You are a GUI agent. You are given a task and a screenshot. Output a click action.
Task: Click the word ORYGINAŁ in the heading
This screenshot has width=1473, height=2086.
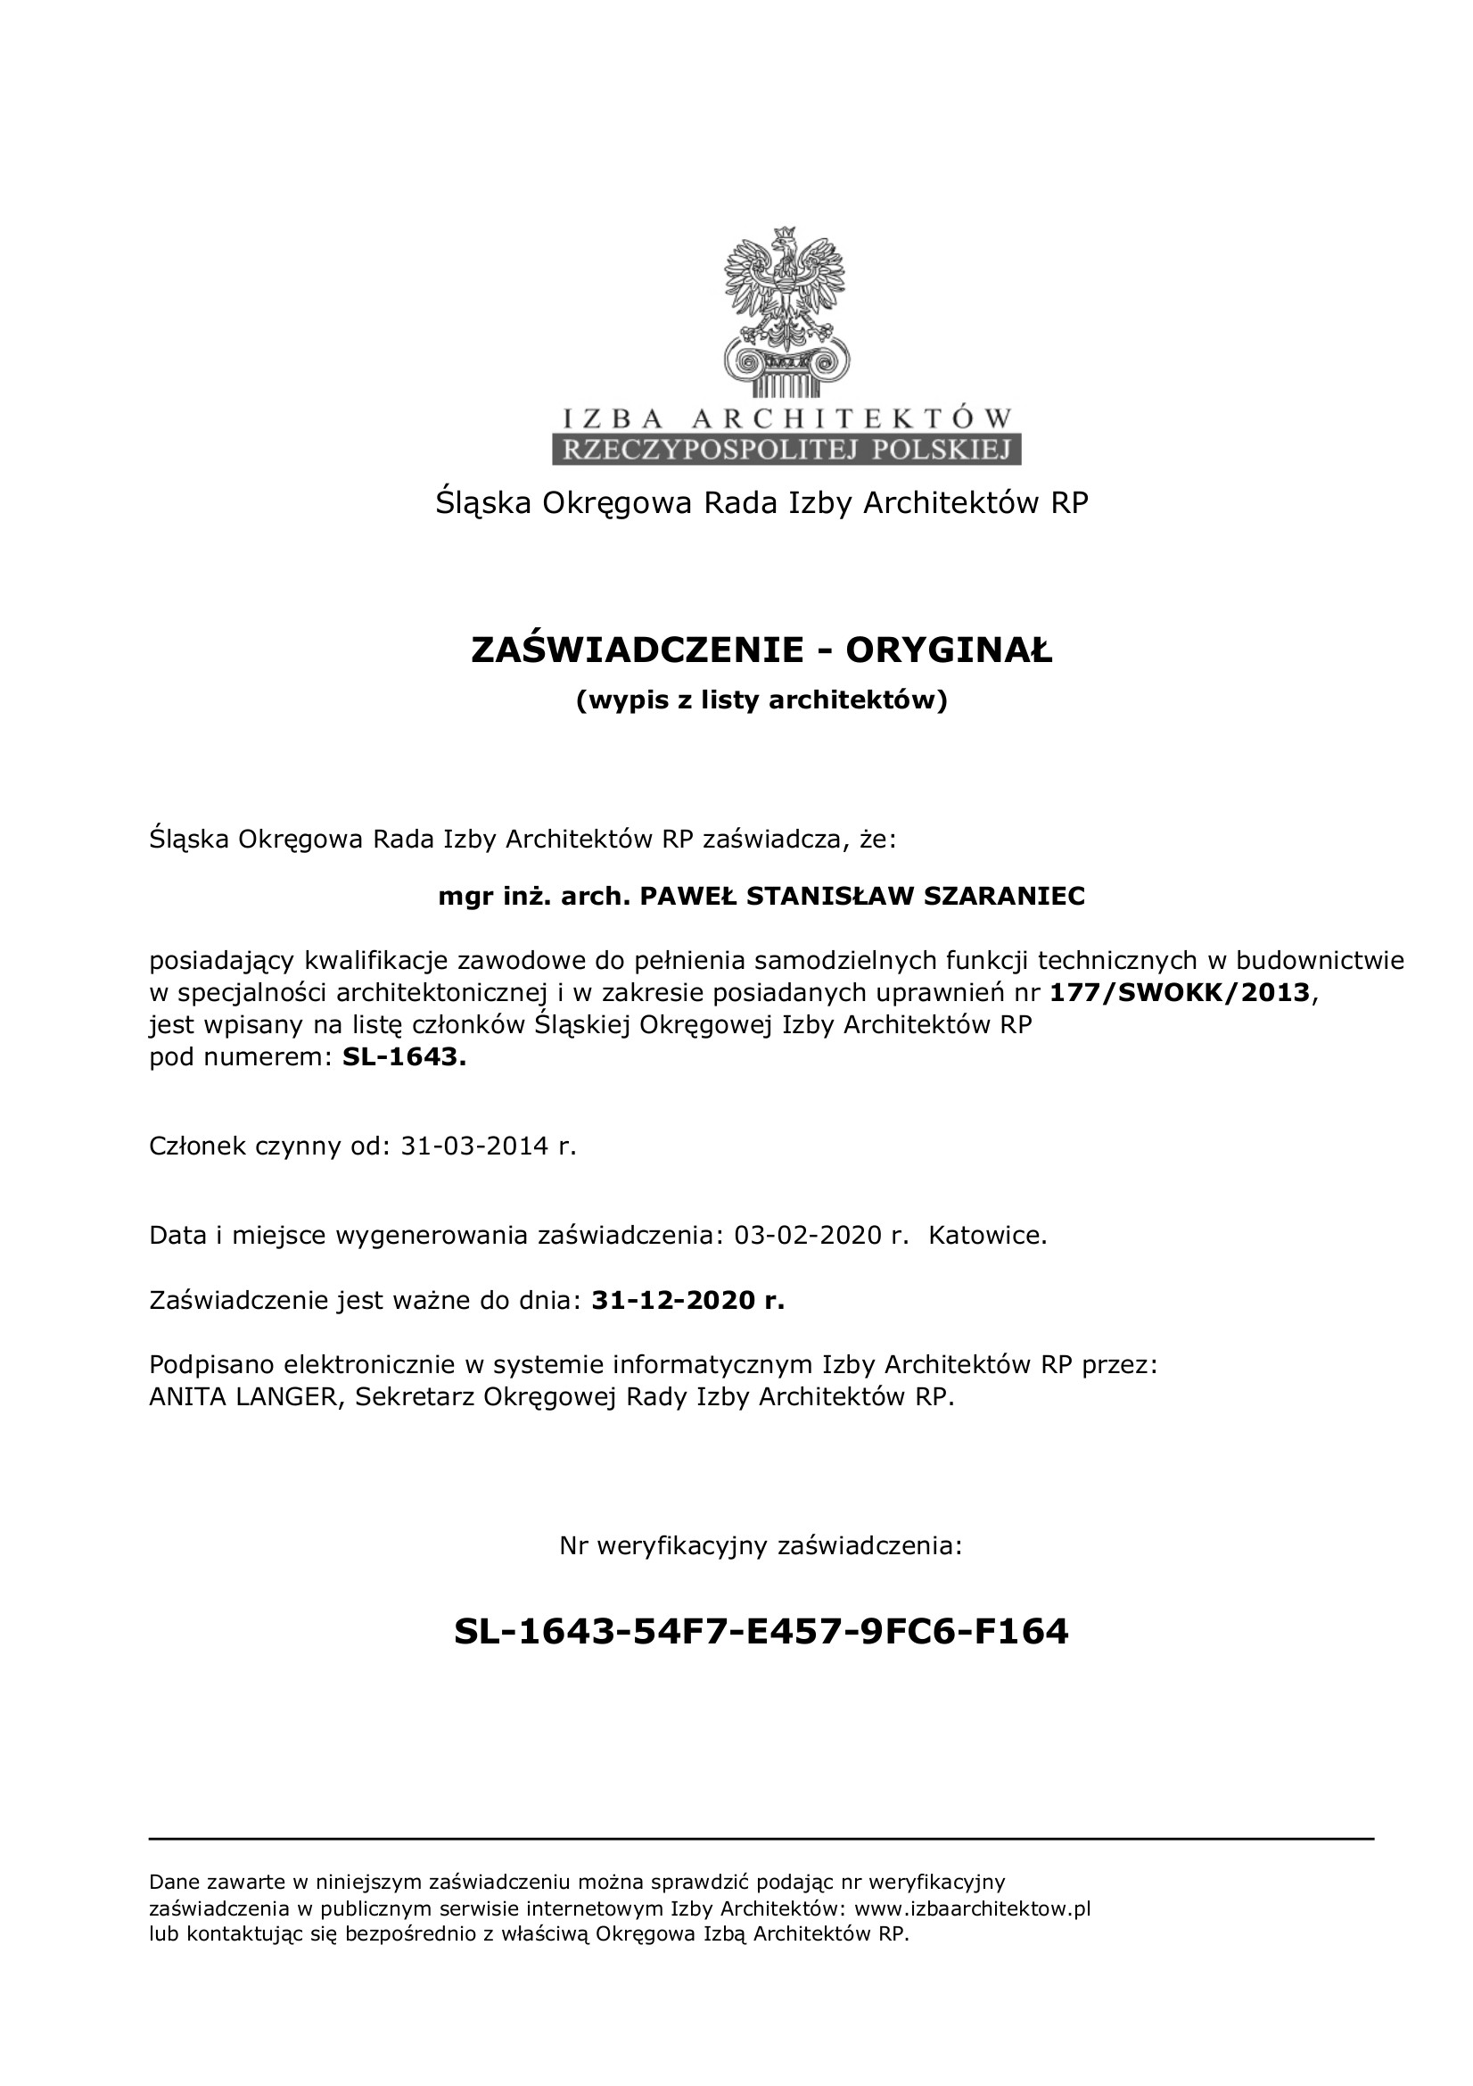(949, 650)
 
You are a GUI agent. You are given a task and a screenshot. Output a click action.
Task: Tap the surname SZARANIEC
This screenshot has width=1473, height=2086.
(1004, 897)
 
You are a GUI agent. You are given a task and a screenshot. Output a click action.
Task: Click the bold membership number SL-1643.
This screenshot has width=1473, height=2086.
(404, 1057)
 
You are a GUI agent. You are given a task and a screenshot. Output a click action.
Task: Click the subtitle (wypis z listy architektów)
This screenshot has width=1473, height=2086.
(761, 699)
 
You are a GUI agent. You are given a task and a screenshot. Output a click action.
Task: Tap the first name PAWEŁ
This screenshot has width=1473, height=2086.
(687, 897)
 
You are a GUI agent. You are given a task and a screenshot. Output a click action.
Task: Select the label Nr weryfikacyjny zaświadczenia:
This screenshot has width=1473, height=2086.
(760, 1544)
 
